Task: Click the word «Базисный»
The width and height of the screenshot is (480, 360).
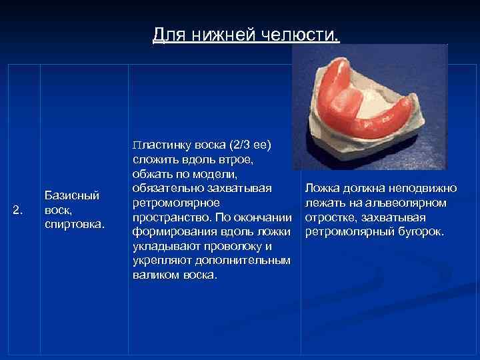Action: click(71, 195)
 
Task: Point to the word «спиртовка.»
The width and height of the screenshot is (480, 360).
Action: click(74, 225)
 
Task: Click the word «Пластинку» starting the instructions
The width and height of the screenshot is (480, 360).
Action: click(158, 145)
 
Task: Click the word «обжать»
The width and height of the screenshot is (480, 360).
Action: click(151, 174)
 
